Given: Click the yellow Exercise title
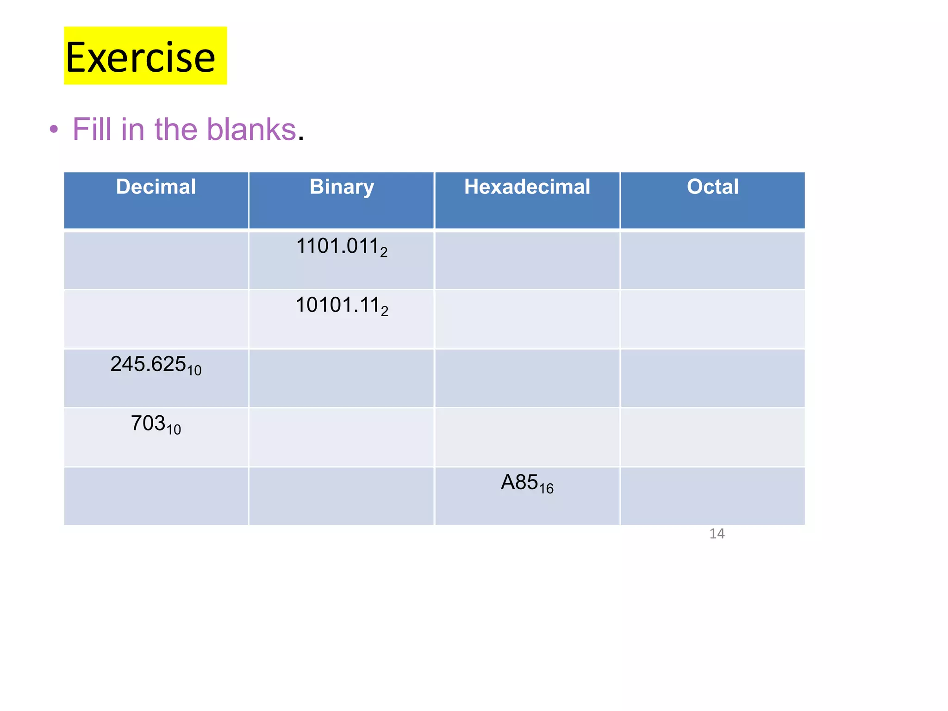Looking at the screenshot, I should coord(141,57).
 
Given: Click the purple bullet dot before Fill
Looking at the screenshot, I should coord(54,129).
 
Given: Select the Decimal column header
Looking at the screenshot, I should coord(156,187).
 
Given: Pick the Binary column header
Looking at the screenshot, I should coord(342,187).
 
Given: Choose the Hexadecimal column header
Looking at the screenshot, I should coord(527,187).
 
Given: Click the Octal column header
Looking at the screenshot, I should coord(712,187).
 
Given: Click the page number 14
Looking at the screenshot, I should coord(717,534).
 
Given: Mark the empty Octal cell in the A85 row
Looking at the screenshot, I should coord(712,496).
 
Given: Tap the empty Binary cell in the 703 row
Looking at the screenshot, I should coord(342,437).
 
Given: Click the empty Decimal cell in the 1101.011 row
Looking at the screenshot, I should coord(156,260).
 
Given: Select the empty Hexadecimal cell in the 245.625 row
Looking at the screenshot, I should coord(527,378).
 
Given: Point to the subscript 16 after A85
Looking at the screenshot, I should coord(546,488).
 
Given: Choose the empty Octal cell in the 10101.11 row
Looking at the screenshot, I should coord(712,319).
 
